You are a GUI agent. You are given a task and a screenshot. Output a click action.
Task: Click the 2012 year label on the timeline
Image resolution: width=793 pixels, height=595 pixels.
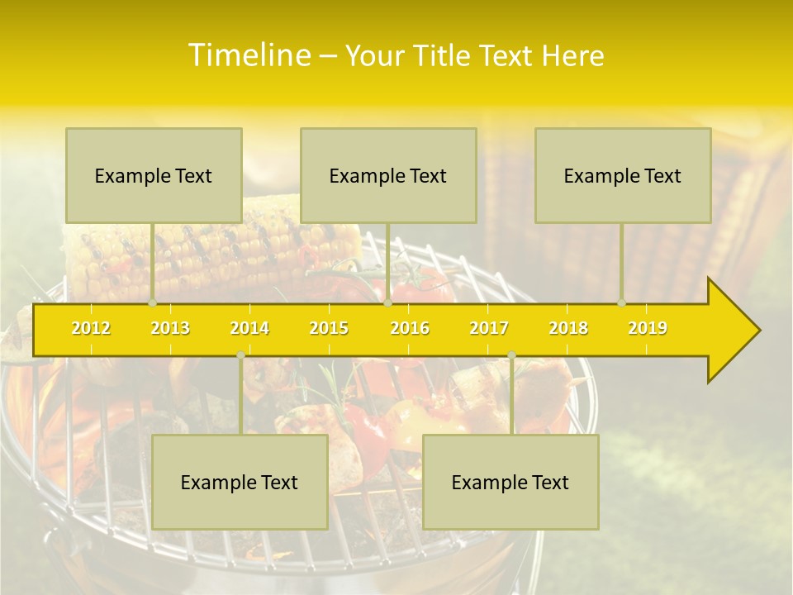91,328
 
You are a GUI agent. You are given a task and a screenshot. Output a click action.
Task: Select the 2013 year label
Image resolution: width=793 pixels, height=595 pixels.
170,328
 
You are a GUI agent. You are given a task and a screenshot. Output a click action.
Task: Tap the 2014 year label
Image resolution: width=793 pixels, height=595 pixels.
249,328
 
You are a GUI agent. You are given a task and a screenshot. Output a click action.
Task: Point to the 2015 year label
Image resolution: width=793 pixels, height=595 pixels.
329,328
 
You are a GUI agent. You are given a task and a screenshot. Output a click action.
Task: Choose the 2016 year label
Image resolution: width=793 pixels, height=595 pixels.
410,328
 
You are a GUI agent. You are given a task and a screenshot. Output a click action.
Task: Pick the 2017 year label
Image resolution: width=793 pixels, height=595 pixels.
489,328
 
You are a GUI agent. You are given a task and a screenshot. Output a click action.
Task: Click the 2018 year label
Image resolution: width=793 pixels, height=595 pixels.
568,328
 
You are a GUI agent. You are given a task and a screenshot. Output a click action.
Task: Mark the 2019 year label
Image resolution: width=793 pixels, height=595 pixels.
648,328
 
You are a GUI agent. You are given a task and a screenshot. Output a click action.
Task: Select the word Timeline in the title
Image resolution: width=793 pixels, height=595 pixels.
248,55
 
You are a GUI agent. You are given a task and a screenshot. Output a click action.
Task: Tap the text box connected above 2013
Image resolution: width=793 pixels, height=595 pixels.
154,175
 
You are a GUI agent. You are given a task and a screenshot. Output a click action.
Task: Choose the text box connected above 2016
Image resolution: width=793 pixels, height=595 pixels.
388,175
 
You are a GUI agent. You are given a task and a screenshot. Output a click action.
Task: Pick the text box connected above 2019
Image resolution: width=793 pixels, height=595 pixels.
623,175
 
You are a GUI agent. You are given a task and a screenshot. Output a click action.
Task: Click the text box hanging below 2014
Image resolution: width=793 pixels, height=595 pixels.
240,482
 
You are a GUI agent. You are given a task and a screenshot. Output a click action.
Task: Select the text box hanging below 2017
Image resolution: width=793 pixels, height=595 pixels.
510,482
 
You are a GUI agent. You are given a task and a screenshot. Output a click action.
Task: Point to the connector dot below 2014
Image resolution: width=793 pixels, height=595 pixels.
240,355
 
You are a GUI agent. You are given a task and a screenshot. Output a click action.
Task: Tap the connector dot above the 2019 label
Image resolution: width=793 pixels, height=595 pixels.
622,302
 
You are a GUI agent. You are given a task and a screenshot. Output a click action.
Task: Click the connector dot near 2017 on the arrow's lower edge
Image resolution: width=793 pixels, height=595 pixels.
511,355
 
